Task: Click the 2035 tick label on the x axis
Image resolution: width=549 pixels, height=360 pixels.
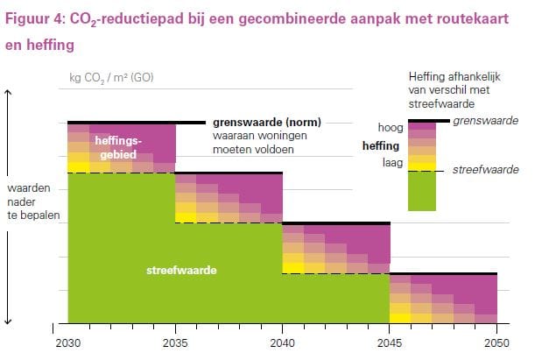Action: pyautogui.click(x=176, y=342)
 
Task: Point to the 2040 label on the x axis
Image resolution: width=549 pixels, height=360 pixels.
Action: pyautogui.click(x=283, y=342)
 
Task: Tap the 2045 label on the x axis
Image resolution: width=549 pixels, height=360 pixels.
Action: pyautogui.click(x=390, y=342)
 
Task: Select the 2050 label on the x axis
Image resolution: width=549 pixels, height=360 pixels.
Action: pyautogui.click(x=496, y=342)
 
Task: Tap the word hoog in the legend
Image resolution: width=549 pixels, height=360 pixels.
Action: pyautogui.click(x=390, y=128)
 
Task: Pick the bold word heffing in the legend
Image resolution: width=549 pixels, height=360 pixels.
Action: pyautogui.click(x=381, y=145)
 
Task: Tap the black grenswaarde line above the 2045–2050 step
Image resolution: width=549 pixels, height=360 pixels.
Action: pyautogui.click(x=443, y=274)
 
